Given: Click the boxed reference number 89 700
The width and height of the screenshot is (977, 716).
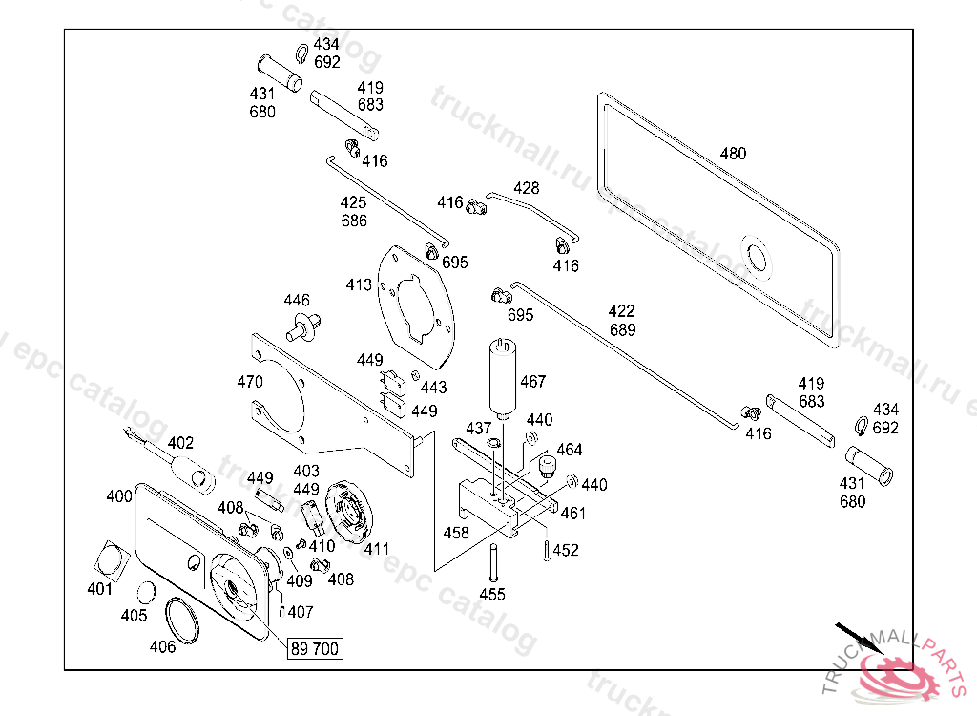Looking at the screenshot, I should [x=314, y=649].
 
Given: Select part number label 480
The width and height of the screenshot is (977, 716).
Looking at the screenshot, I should [x=733, y=154].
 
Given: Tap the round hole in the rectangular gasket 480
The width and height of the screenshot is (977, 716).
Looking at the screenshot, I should [x=759, y=256].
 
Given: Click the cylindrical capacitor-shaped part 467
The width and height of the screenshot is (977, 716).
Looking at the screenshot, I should [x=504, y=378].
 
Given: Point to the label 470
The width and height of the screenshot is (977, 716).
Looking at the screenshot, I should [x=250, y=383].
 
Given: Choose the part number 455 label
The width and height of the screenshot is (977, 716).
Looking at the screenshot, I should [x=492, y=595].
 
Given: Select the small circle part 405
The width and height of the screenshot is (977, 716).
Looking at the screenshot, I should [x=147, y=594].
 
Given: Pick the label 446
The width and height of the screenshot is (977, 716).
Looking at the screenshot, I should [x=297, y=301].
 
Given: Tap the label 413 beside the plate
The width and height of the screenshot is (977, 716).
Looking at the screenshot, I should [x=359, y=284].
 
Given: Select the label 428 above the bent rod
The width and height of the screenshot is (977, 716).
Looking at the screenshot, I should [x=527, y=188].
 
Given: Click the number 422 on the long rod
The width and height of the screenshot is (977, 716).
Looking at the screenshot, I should [x=621, y=311].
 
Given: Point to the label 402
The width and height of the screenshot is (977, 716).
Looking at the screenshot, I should [x=180, y=443].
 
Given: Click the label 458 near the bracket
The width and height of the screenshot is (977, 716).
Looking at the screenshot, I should [x=456, y=533].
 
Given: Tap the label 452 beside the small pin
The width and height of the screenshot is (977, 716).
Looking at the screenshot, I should [x=566, y=550].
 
